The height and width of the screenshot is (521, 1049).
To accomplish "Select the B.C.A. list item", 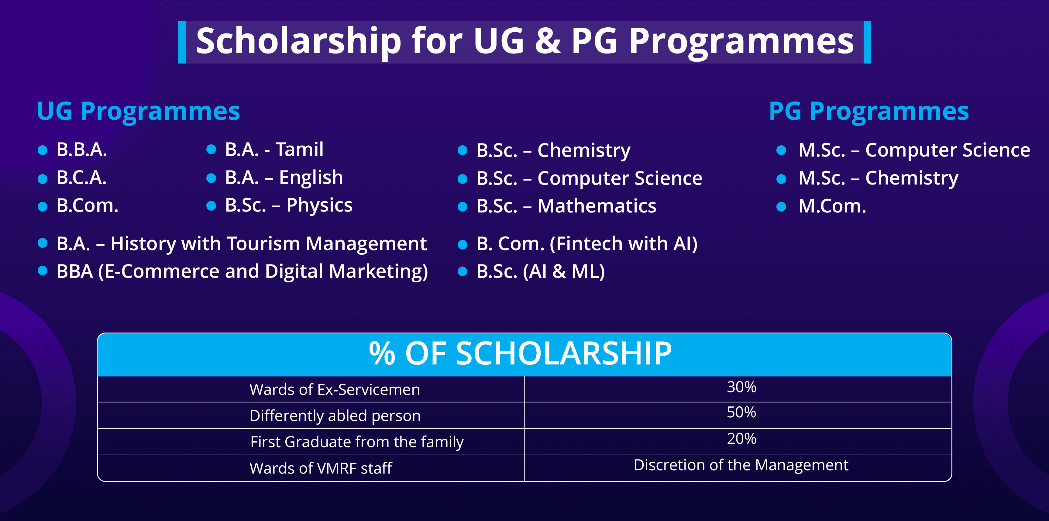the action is coord(81,178).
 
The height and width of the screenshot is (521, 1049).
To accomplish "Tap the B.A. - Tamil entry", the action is coord(274,150).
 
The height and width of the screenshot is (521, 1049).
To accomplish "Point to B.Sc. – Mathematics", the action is coord(566,206).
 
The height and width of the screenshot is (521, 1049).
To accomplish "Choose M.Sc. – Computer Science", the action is coord(914,151).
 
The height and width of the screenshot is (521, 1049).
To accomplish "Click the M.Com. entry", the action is coord(832,206).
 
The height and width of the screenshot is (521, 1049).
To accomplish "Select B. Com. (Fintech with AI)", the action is coord(587,244).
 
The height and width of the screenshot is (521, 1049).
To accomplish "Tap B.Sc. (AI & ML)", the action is coord(540,272).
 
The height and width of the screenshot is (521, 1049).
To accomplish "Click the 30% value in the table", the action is coord(741,387).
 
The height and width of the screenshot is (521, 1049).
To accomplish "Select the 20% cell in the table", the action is coord(741,439).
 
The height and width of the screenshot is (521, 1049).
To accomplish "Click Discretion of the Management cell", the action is coord(741,465).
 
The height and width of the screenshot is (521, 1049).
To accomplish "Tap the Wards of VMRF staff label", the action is coord(321,468).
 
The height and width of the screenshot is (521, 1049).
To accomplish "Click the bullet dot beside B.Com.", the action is coord(42,206).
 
